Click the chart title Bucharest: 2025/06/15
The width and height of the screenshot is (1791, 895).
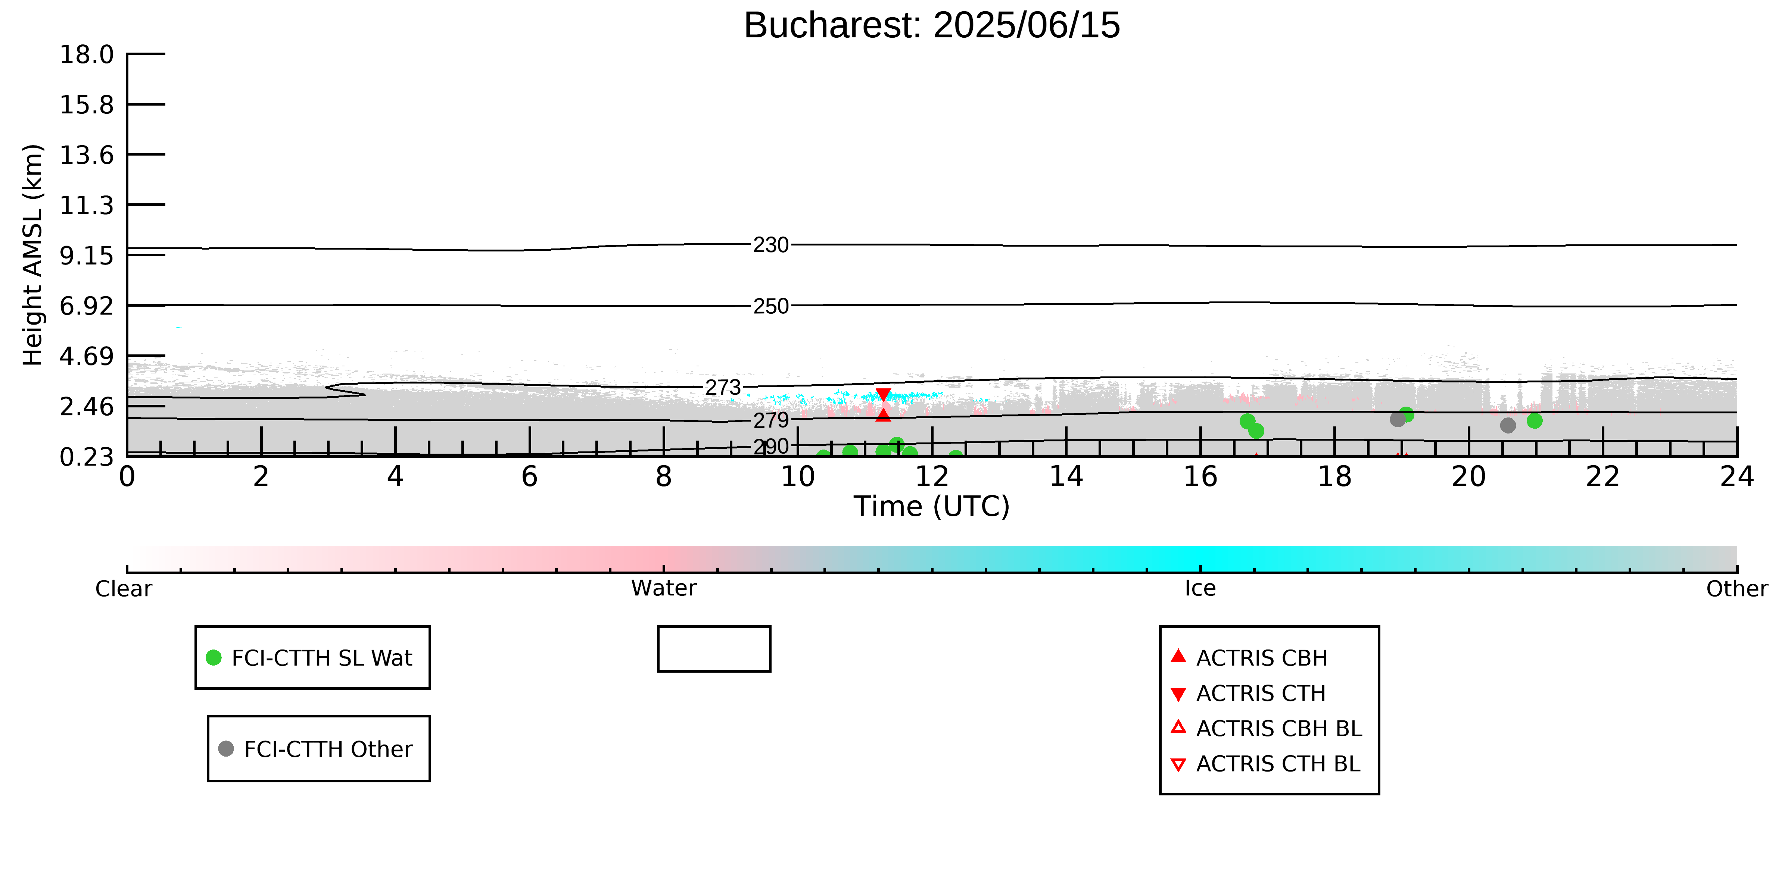pyautogui.click(x=932, y=26)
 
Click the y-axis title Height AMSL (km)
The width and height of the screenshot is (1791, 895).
pyautogui.click(x=33, y=255)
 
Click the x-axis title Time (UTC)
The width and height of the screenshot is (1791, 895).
pyautogui.click(x=932, y=507)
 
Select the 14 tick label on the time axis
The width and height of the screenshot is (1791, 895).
pyautogui.click(x=1066, y=477)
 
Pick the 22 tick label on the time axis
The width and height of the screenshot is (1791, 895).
pyautogui.click(x=1602, y=477)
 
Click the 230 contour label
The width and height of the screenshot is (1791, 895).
pyautogui.click(x=771, y=245)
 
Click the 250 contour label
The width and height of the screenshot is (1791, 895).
pyautogui.click(x=771, y=306)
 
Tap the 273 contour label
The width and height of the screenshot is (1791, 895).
pyautogui.click(x=723, y=388)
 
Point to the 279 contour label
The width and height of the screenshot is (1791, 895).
pyautogui.click(x=771, y=420)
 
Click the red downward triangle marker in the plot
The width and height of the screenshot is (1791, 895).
pyautogui.click(x=883, y=395)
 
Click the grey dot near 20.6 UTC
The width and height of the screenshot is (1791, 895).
pyautogui.click(x=1507, y=425)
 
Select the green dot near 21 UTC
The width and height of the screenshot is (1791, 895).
pyautogui.click(x=1535, y=420)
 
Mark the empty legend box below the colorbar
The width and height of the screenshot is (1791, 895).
pyautogui.click(x=714, y=628)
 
